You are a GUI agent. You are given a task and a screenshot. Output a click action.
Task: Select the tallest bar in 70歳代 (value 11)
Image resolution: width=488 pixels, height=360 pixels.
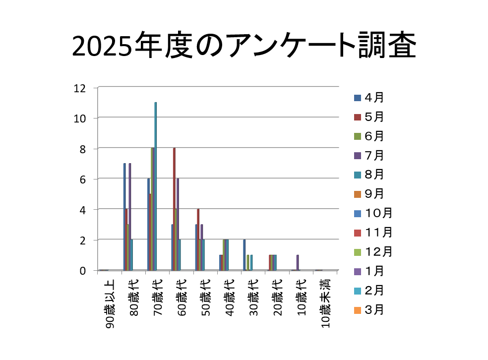click(x=156, y=186)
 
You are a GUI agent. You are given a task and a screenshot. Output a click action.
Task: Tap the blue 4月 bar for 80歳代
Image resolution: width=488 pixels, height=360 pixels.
click(x=124, y=217)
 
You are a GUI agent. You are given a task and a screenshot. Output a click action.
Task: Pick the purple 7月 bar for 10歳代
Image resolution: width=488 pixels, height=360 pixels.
click(x=298, y=262)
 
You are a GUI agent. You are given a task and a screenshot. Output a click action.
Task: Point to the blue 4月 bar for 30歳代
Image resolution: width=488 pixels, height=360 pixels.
click(x=244, y=255)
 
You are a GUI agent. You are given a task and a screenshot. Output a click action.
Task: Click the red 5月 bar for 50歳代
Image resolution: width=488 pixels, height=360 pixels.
click(x=198, y=240)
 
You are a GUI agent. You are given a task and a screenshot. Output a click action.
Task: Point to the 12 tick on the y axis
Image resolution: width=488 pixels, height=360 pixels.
click(x=79, y=88)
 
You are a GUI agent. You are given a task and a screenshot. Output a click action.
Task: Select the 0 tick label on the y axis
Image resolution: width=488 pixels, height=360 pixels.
click(x=82, y=271)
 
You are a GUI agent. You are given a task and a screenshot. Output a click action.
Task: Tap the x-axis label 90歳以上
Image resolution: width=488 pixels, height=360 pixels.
click(x=110, y=304)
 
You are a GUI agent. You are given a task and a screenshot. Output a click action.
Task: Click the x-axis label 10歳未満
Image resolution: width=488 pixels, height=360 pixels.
click(x=325, y=304)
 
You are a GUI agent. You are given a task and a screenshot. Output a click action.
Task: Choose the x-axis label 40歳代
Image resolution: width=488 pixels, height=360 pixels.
click(x=230, y=298)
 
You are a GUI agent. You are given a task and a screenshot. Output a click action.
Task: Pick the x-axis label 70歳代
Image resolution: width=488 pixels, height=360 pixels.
click(x=158, y=298)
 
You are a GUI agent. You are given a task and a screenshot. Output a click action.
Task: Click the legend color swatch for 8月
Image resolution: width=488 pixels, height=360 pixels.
click(x=357, y=175)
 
